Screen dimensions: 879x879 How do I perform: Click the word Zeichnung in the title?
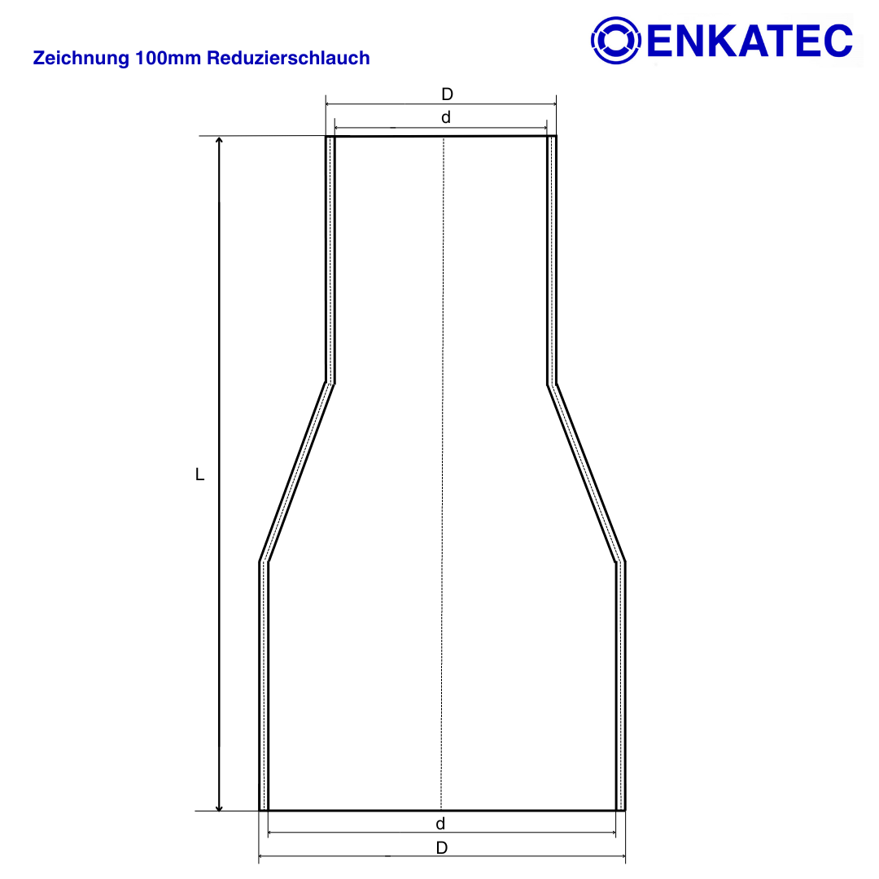pos(81,58)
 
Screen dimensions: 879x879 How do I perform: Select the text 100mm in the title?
pos(168,58)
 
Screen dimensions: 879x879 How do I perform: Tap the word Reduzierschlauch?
pos(288,58)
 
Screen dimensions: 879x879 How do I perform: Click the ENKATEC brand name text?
pos(750,41)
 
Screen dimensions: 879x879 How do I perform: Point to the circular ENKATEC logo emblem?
pos(615,41)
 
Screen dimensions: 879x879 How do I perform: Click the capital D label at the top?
pos(447,94)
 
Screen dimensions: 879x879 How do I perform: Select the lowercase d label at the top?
pos(446,117)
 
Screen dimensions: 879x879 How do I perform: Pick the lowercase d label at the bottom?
pos(440,824)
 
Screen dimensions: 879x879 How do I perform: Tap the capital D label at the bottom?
pos(442,847)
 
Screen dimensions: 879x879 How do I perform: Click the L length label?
pos(199,474)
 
